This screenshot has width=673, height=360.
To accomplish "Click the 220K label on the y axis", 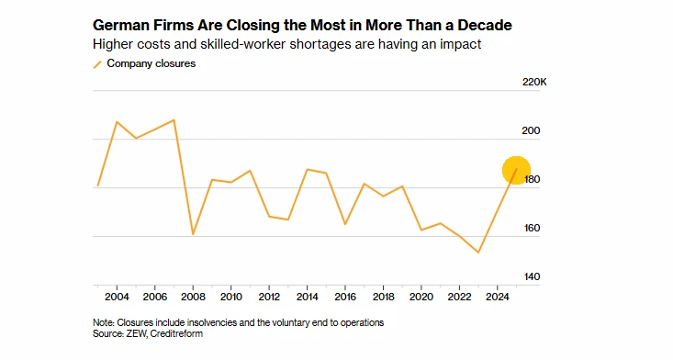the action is point(534,82).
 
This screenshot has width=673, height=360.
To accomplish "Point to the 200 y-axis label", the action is point(531,130).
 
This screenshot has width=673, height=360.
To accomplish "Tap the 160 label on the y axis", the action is point(532,228).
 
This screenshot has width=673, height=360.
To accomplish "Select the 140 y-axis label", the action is point(532,276).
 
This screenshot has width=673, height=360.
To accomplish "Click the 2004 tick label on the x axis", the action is point(117,297).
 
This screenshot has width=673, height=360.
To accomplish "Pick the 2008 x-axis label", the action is point(193,297).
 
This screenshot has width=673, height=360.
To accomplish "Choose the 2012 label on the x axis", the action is point(269,297).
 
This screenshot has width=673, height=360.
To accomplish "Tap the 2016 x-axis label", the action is point(345,297).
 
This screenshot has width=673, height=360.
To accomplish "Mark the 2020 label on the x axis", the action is point(421,297).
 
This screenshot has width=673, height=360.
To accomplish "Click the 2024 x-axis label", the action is point(498,297).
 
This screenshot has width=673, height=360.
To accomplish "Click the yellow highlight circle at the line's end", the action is point(516,170).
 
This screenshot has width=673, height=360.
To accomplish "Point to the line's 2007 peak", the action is point(174,119).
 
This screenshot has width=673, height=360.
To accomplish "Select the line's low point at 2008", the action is point(193,234).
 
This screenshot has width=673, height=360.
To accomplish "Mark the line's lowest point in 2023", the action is point(478,253).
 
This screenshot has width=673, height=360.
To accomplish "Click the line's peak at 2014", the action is point(308,169).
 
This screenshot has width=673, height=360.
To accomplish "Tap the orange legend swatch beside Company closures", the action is point(97,64).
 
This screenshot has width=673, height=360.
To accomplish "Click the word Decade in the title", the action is point(485,25).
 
